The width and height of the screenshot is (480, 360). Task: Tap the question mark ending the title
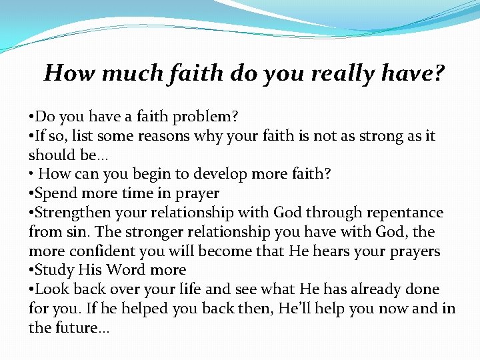coord(439,73)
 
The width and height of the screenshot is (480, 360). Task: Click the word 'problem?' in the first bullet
coord(205,117)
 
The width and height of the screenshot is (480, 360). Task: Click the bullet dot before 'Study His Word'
coord(31,271)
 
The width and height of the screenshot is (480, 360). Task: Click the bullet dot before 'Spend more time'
coord(31,194)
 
